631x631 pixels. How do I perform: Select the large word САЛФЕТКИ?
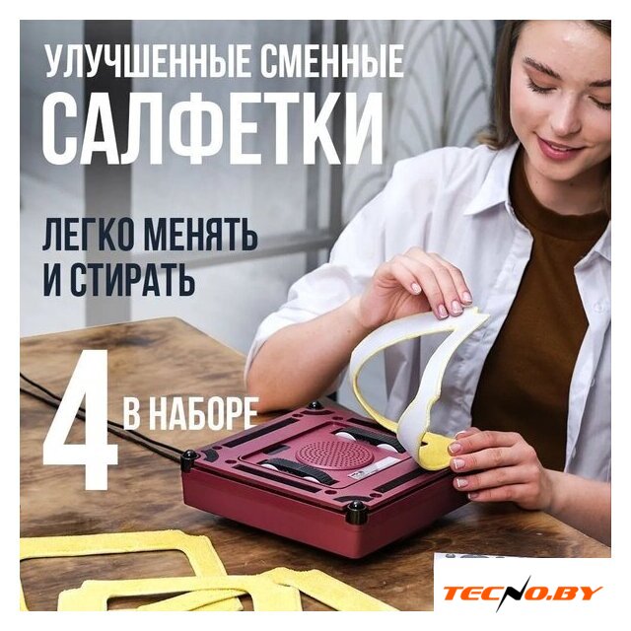point(213,128)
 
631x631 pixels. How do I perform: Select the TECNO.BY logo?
point(523,593)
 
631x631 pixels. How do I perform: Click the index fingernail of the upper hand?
point(415,288)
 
